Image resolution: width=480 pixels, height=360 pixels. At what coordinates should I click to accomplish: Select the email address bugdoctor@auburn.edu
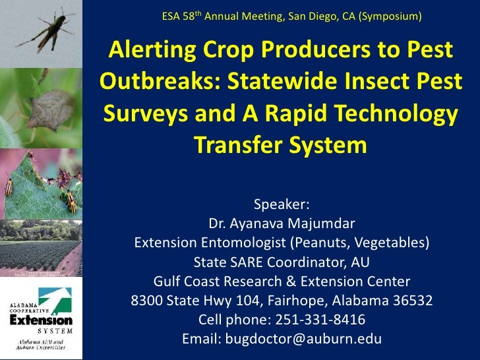pos(304,339)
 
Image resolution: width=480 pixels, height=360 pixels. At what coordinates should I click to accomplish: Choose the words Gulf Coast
pos(186,282)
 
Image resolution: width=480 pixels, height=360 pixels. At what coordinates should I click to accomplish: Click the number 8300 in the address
pos(148,302)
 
